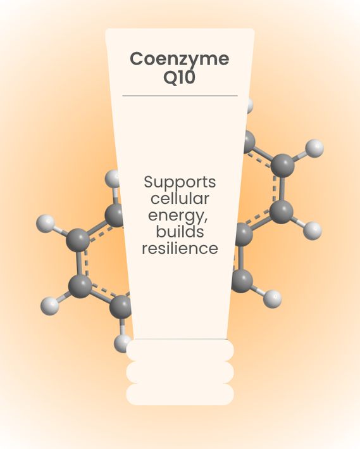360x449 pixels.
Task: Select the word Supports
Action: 180,182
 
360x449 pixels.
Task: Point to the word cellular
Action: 180,198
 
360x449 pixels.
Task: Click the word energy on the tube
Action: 177,216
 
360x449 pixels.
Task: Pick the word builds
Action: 180,231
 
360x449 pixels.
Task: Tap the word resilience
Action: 180,248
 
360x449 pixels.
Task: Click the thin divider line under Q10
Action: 180,96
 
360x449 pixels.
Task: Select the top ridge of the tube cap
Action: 180,350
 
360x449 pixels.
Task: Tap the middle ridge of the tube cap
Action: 180,372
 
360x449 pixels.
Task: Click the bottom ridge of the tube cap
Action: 180,395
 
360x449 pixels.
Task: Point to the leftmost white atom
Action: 46,224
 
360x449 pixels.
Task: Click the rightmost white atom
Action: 314,148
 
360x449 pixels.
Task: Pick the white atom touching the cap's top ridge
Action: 123,344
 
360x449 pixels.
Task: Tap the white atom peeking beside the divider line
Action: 249,105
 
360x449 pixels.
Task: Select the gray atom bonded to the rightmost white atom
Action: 282,166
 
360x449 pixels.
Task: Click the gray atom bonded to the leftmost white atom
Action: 78,240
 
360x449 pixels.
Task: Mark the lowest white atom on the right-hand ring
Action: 273,299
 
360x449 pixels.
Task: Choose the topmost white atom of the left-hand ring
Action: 112,179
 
